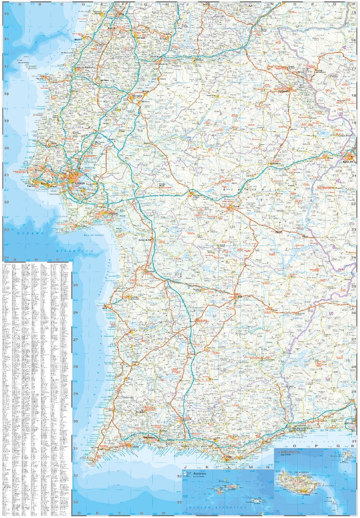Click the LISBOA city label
80,183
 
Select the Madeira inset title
288,452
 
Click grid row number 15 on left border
7,14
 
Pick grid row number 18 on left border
7,94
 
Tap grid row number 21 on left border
7,175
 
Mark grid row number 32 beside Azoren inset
179,477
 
